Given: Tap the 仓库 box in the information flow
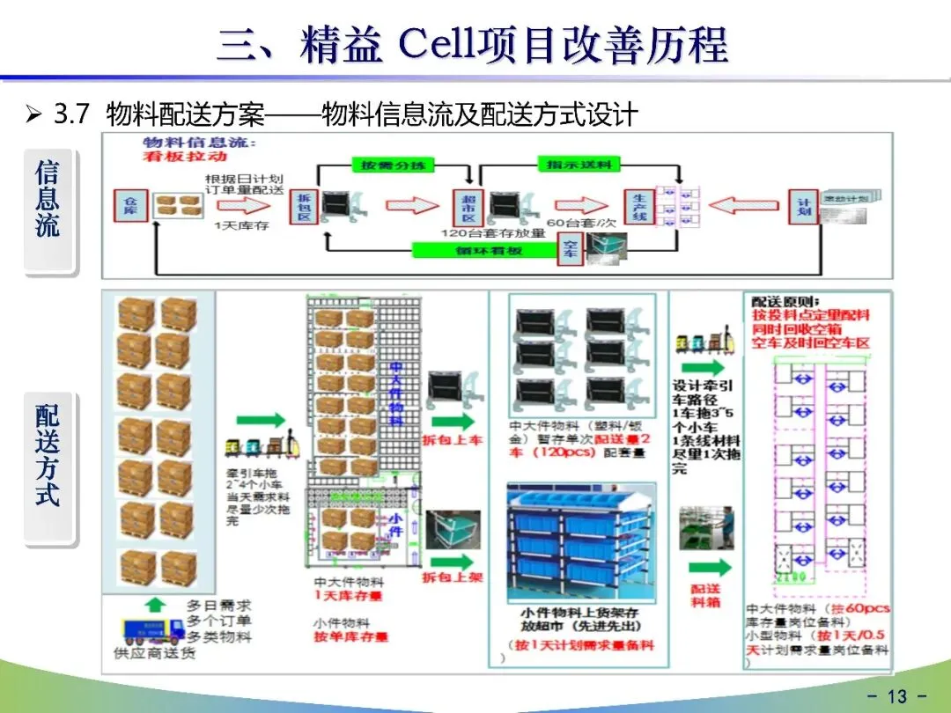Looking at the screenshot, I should pos(130,206).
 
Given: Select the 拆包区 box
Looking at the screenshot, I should pos(303,206).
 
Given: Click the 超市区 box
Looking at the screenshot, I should pos(468,207).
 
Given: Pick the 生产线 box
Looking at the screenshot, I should pos(638,207).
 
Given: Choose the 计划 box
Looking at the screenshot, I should pos(802,207).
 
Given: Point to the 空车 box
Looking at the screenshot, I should pos(571,249).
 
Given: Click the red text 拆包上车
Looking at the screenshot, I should pos(453,438).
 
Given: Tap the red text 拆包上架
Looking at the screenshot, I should pos(453,577).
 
